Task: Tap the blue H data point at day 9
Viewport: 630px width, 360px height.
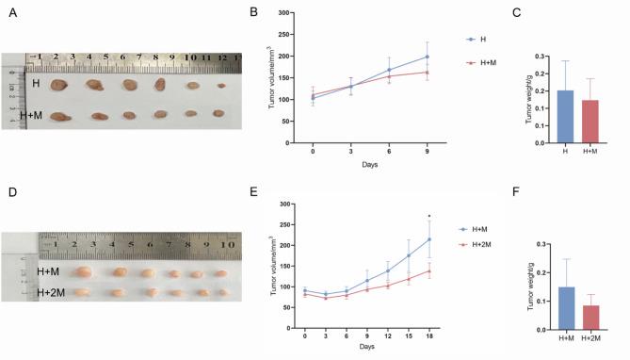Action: coord(428,57)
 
